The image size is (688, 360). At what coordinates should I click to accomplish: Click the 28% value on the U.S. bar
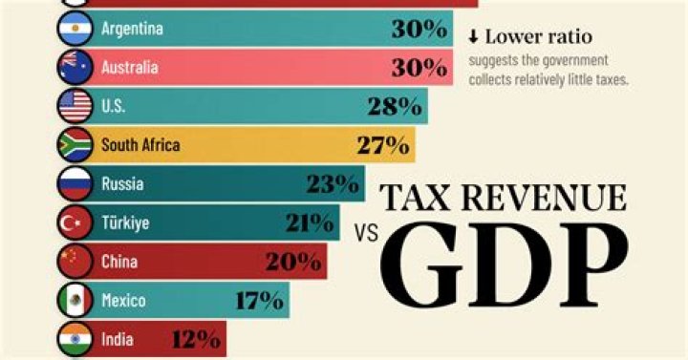click(395, 106)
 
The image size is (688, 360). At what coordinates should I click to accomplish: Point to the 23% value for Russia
click(333, 183)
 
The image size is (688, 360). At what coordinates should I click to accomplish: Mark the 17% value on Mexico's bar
click(258, 300)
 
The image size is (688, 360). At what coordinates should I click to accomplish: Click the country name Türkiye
click(126, 222)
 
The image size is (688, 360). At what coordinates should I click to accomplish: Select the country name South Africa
click(140, 145)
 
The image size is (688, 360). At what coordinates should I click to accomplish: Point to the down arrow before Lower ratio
click(473, 38)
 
